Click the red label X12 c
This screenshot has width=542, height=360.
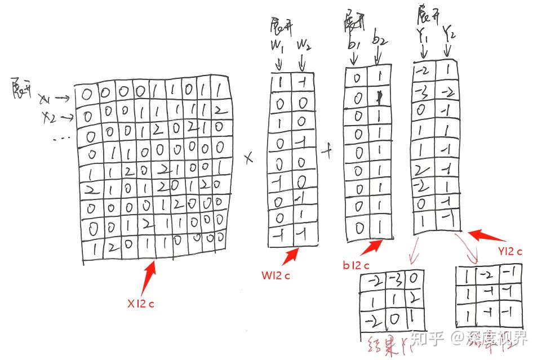coord(140,304)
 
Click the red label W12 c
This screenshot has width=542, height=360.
coord(276,276)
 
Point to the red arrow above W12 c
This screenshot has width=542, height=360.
coord(290,256)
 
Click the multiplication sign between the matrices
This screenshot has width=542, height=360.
coord(248,159)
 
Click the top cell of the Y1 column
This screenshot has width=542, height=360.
coord(423,72)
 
